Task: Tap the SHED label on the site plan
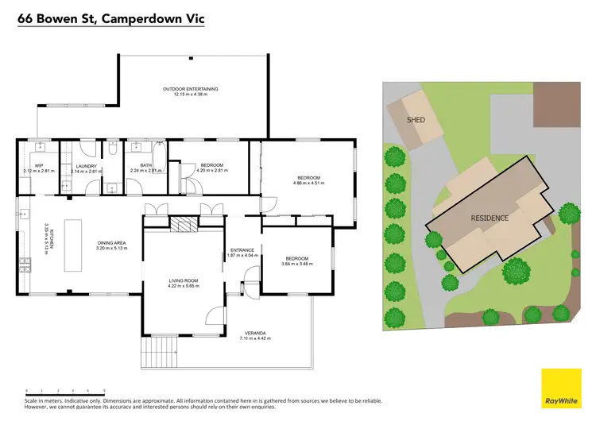(416, 120)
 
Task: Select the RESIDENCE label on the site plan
(490, 217)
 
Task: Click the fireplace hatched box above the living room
(183, 225)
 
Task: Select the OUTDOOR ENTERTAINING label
(190, 89)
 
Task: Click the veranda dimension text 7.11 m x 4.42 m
(255, 338)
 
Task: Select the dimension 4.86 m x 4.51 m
(308, 183)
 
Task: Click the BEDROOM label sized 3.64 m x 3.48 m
(296, 258)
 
